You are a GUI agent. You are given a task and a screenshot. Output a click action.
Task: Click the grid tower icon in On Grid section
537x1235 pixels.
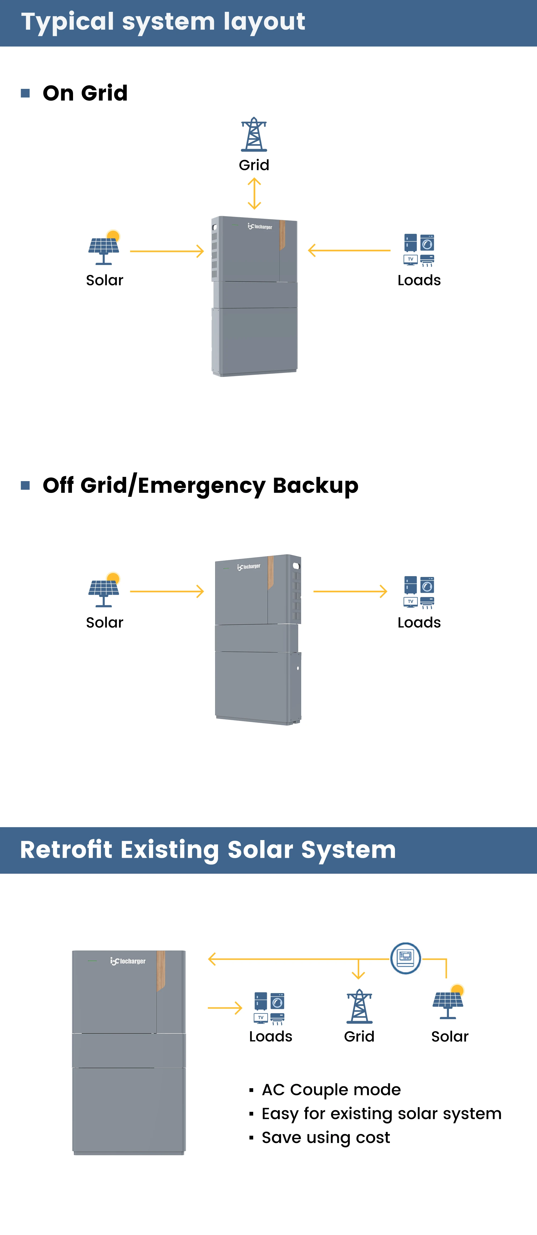click(x=254, y=135)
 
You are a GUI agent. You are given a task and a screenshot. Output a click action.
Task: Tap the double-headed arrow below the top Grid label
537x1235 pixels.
click(x=254, y=194)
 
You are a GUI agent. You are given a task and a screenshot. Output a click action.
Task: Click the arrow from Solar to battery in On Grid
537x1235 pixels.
click(x=167, y=251)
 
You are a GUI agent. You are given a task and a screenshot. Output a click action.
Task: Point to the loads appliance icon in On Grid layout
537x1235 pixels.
click(x=419, y=250)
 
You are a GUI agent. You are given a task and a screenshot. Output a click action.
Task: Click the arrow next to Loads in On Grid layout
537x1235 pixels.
click(x=349, y=250)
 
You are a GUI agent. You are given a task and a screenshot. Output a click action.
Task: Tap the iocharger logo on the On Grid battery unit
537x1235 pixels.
click(x=260, y=226)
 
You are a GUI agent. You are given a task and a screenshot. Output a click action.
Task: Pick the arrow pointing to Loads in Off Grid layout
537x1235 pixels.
click(x=350, y=591)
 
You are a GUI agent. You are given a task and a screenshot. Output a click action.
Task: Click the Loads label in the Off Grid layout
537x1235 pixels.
click(x=419, y=622)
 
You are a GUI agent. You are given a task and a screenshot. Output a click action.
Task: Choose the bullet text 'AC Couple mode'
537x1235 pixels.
click(x=331, y=1089)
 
